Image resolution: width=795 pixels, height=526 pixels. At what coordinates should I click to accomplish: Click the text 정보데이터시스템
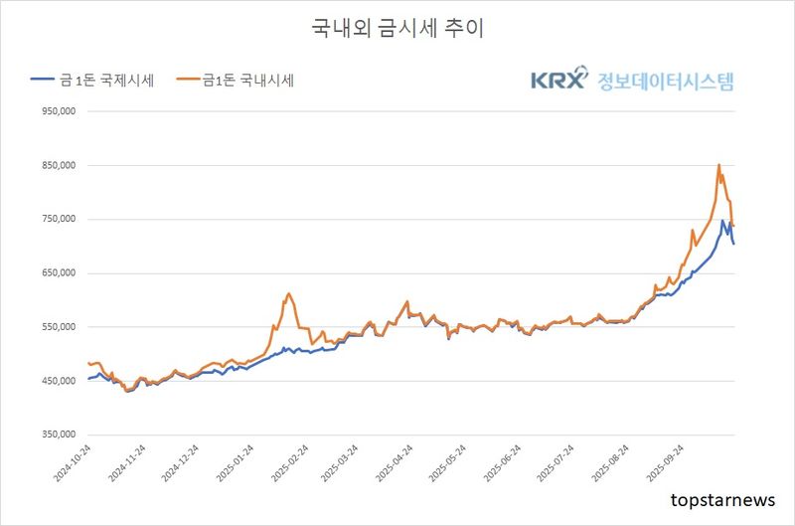click(x=666, y=80)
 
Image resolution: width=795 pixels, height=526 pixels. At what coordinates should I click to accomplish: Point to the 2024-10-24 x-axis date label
click(x=73, y=465)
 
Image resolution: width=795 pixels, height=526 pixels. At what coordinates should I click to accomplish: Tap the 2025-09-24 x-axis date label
click(x=661, y=465)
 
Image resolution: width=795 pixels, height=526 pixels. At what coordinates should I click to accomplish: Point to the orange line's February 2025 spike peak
click(x=288, y=293)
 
